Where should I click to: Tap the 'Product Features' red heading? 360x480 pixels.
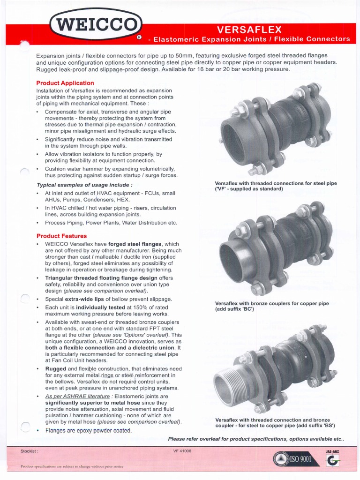(x=61, y=236)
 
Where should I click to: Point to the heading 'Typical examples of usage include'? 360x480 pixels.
(x=84, y=185)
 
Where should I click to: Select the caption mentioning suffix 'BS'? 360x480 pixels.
(x=275, y=423)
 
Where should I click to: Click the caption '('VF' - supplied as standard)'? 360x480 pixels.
(x=248, y=189)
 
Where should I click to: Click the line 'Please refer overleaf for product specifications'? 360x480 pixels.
(x=256, y=439)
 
